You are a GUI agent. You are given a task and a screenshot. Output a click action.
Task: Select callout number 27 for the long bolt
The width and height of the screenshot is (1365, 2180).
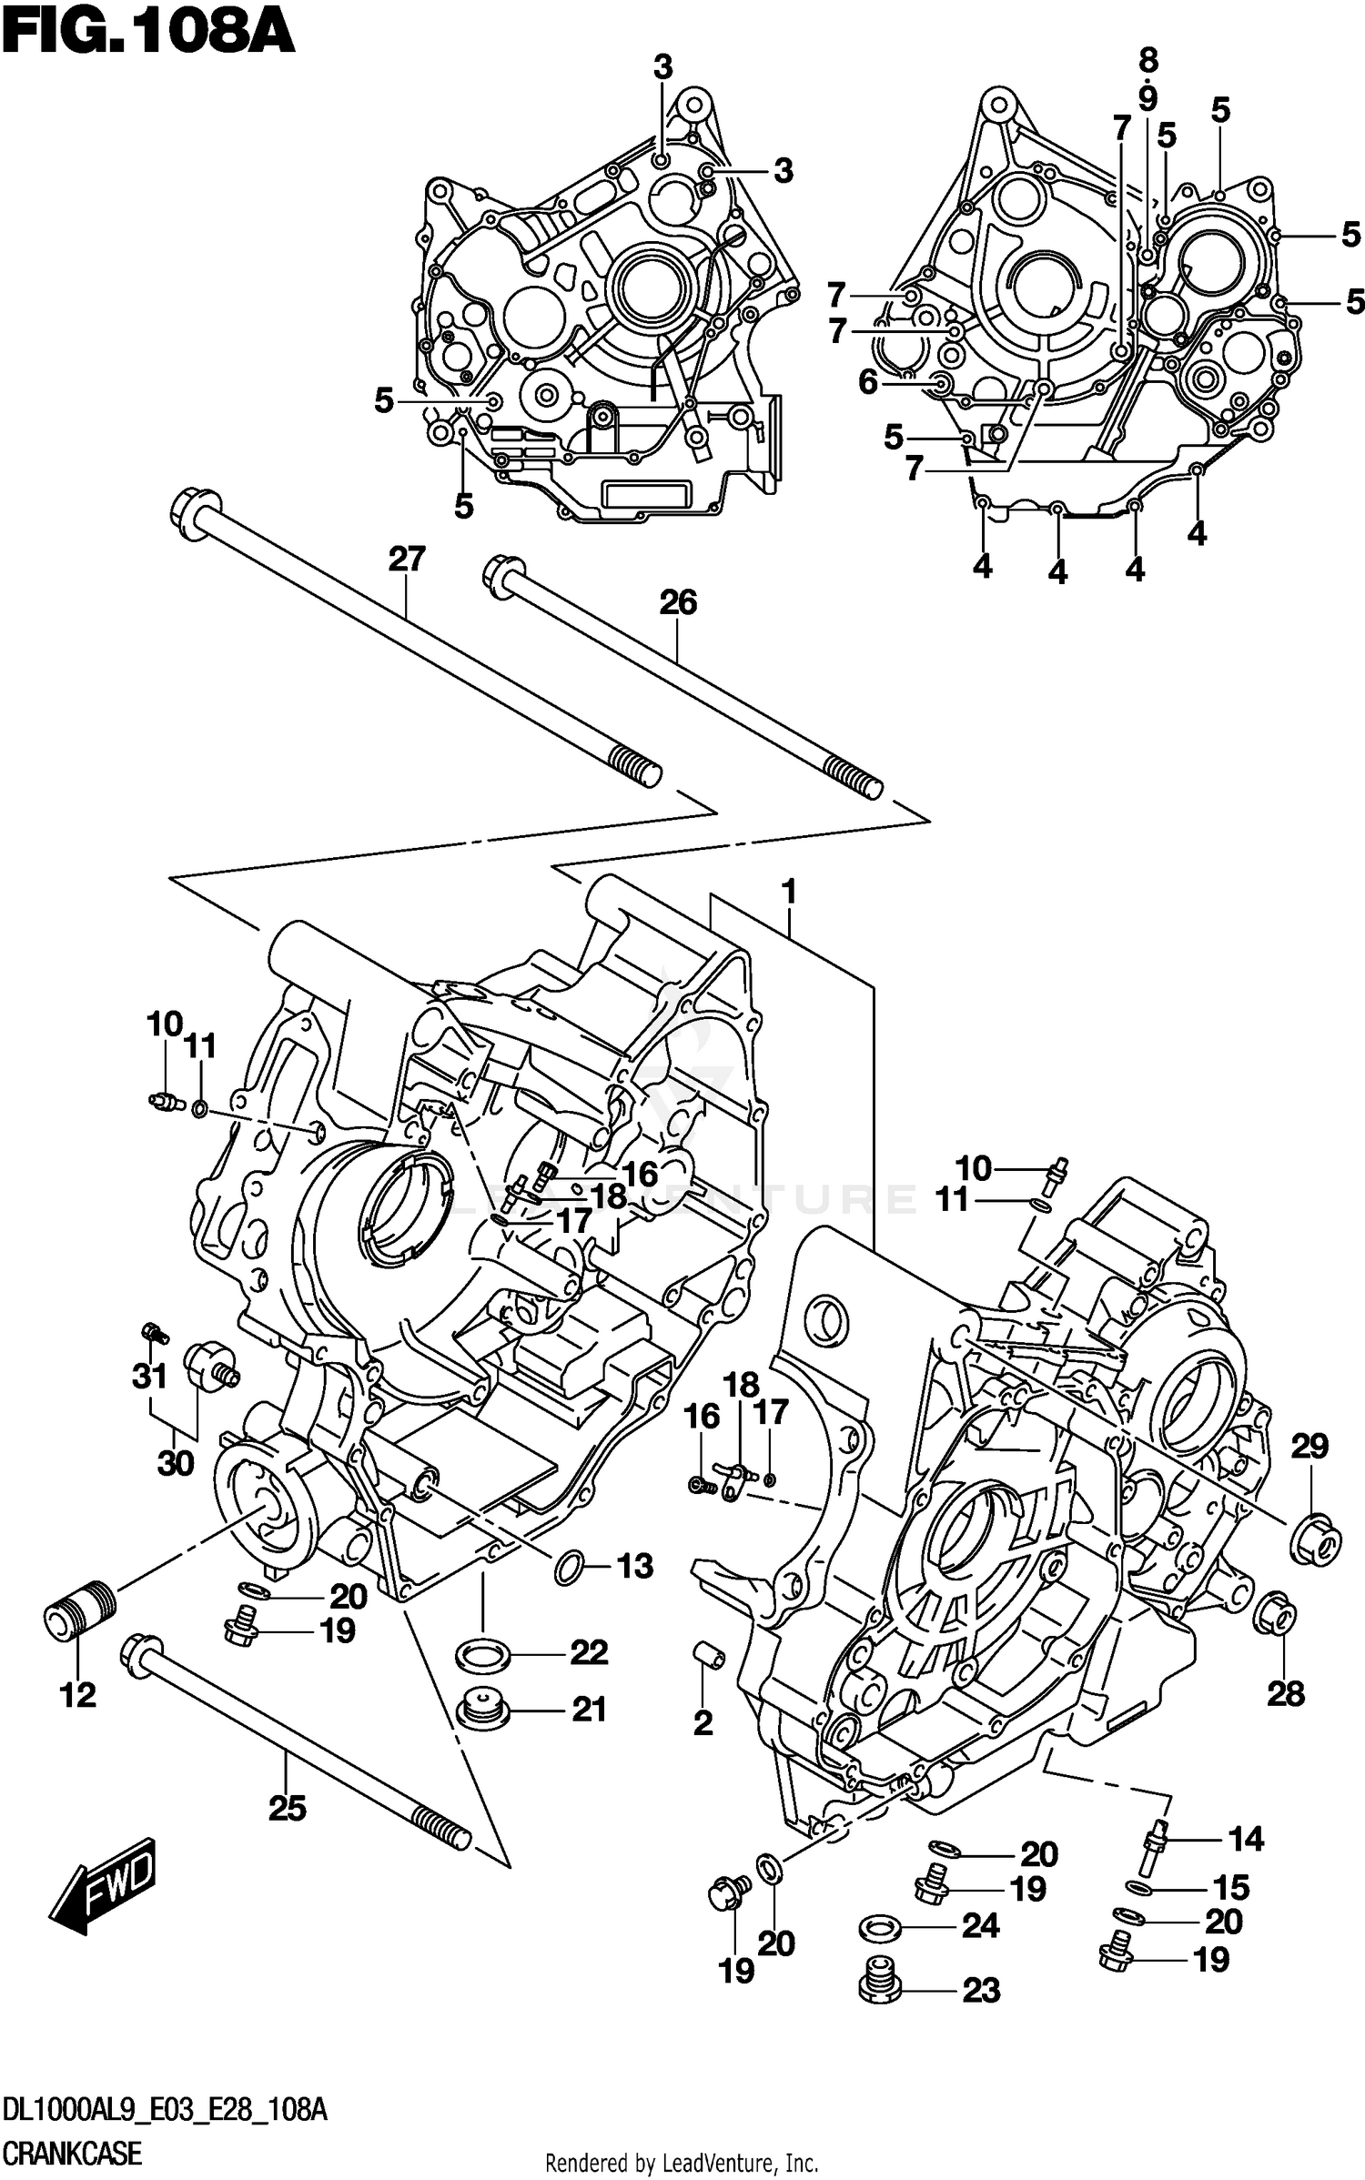407,558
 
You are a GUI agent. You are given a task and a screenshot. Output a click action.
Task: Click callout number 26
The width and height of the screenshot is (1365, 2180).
678,602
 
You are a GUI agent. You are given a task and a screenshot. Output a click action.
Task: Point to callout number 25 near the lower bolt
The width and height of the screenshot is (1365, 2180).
287,1808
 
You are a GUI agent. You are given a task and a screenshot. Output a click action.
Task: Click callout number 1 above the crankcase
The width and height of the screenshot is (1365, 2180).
789,891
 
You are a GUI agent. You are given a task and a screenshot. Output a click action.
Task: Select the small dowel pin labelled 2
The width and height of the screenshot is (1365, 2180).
707,1658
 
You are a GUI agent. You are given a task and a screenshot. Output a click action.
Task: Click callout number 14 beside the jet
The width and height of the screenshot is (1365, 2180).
1246,1840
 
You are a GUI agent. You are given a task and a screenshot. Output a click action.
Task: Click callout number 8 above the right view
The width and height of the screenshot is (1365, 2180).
1148,61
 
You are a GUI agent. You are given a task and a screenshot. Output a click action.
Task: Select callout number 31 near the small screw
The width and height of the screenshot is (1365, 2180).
149,1376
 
